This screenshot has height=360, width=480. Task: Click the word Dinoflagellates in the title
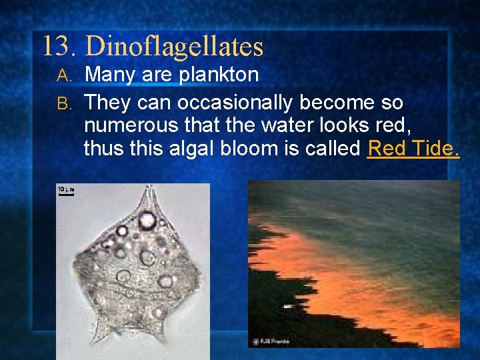pyautogui.click(x=175, y=47)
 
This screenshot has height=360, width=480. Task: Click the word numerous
pyautogui.click(x=127, y=125)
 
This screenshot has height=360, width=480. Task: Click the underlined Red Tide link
pyautogui.click(x=413, y=148)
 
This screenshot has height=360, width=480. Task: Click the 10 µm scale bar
pyautogui.click(x=65, y=192)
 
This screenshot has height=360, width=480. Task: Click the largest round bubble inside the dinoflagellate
pyautogui.click(x=147, y=220)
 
